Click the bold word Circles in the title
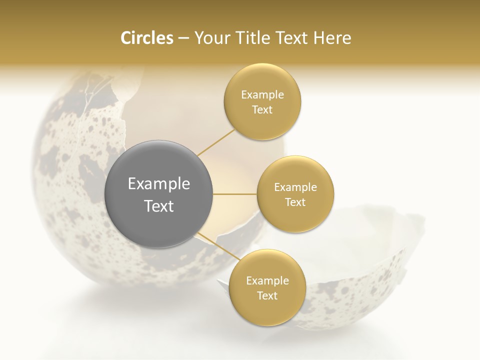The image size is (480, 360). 146,38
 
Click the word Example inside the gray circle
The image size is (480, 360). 159,184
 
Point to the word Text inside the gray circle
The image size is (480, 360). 159,206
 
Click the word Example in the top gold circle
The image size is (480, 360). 262,95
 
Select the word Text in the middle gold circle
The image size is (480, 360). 295,202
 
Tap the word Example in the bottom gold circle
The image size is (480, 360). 267,281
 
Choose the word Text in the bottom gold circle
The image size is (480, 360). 267,295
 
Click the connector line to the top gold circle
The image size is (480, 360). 216,143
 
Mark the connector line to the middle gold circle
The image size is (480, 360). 235,194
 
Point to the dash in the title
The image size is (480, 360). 183,38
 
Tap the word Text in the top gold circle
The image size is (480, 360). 262,109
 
